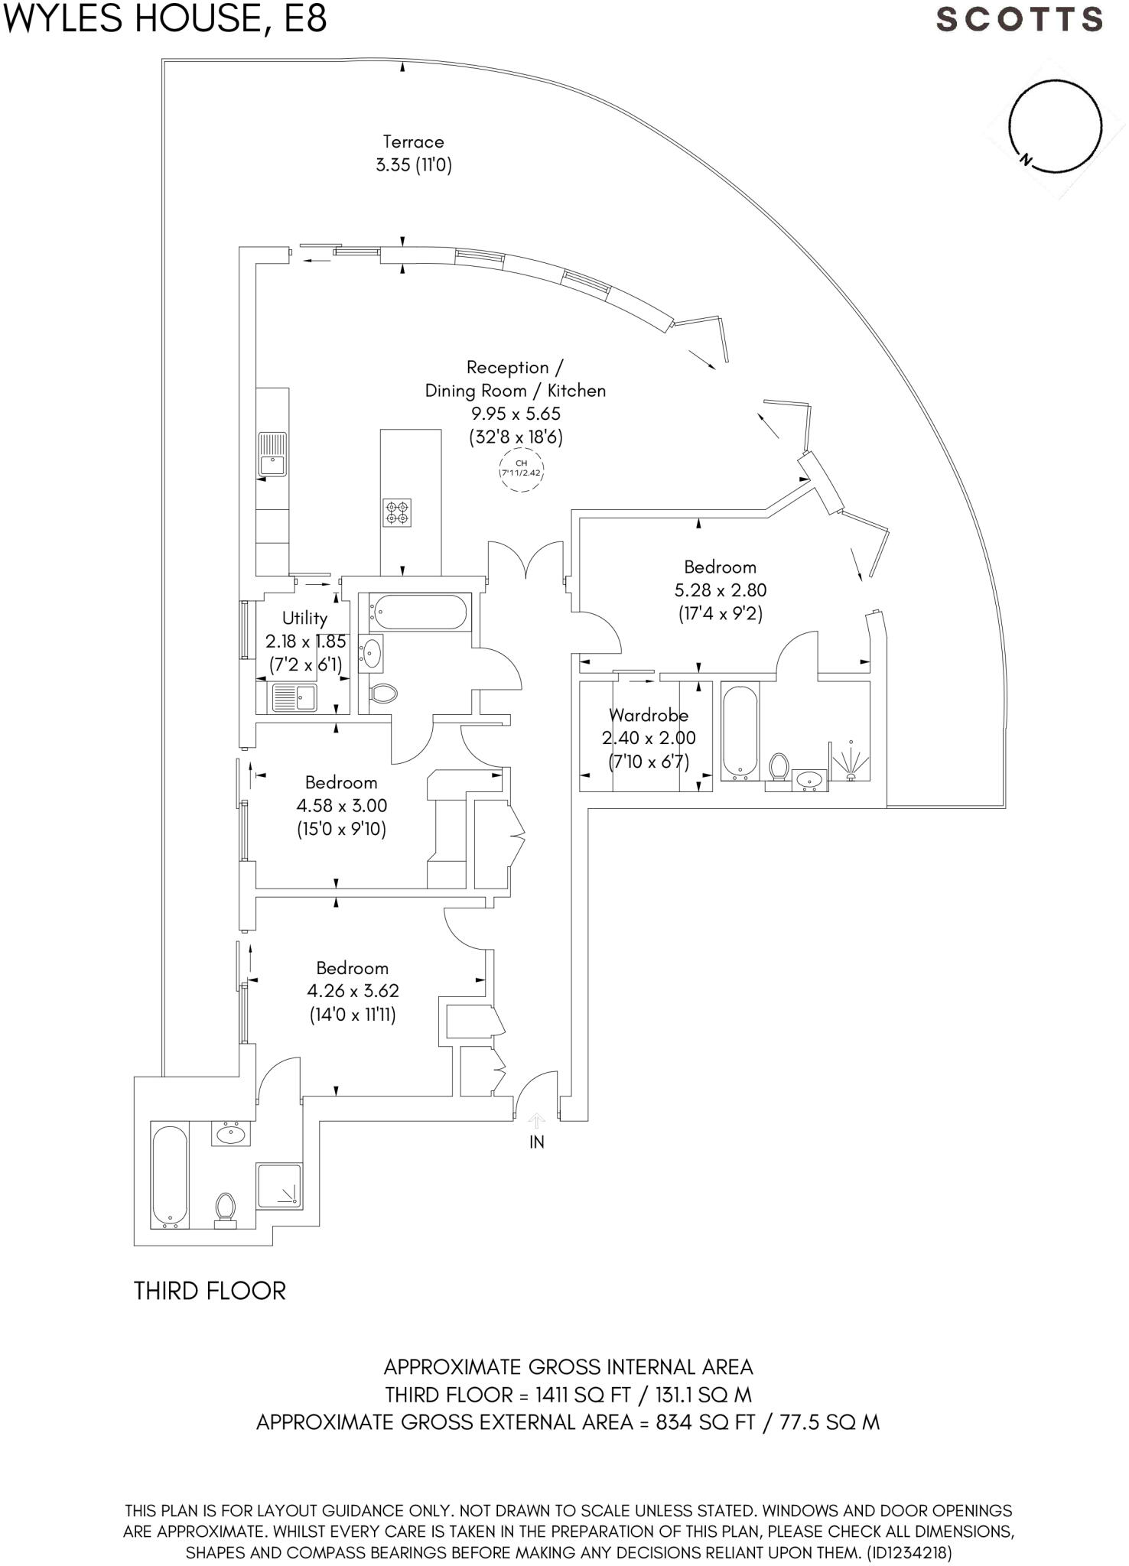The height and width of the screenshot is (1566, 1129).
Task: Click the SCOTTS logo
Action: pos(1019,20)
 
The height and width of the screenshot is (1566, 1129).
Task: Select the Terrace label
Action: pos(413,141)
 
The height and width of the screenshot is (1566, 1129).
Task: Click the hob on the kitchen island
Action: pos(397,512)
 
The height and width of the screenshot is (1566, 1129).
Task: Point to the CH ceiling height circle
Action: pos(521,468)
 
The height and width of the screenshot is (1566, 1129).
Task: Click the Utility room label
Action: pos(304,618)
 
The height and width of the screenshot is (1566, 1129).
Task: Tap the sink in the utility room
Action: pos(295,697)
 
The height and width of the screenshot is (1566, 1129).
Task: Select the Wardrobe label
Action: pos(649,716)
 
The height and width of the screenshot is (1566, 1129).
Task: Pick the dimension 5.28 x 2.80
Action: pos(720,590)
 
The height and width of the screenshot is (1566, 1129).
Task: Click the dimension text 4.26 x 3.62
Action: pos(353,991)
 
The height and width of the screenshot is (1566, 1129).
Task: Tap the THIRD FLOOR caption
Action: pos(210,1291)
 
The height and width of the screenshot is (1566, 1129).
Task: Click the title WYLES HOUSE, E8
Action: pos(164,18)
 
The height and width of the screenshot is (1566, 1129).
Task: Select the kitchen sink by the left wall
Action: pos(272,454)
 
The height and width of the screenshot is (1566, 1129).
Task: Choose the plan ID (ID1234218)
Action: pos(908,1553)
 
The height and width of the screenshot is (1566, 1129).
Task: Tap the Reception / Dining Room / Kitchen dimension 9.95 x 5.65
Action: pos(516,414)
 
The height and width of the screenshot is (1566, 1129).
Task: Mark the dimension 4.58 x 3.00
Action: pos(341,806)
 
